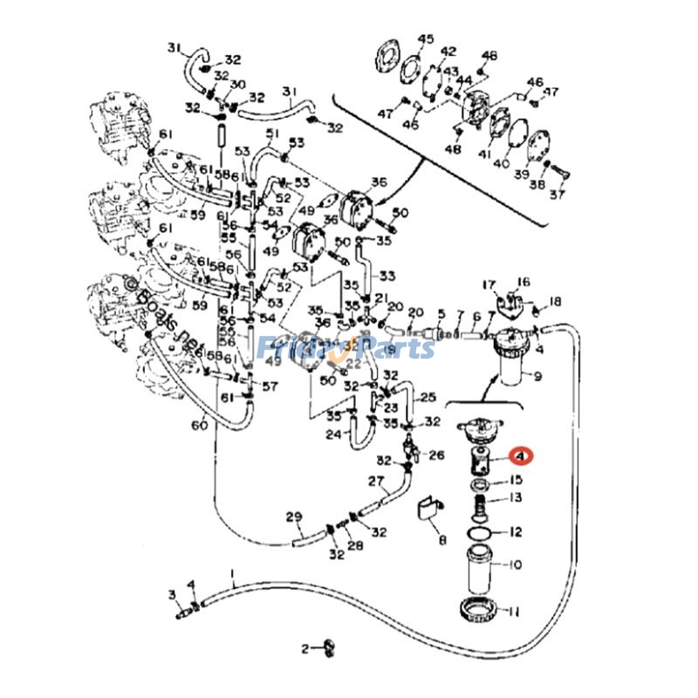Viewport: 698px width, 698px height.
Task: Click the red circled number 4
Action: pyautogui.click(x=521, y=456)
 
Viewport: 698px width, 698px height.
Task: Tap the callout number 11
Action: pyautogui.click(x=515, y=610)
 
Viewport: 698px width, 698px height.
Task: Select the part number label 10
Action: pyautogui.click(x=515, y=565)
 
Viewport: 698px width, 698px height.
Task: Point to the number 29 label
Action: pyautogui.click(x=293, y=517)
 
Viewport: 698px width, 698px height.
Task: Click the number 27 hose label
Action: pyautogui.click(x=376, y=481)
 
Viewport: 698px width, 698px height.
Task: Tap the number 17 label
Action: pyautogui.click(x=489, y=284)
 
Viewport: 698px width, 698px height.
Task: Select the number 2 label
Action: pyautogui.click(x=305, y=648)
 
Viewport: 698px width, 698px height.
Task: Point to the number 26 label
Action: pyautogui.click(x=437, y=455)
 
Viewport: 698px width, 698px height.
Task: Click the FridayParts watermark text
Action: pyautogui.click(x=346, y=348)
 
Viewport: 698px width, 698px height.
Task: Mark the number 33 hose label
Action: pyautogui.click(x=387, y=276)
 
